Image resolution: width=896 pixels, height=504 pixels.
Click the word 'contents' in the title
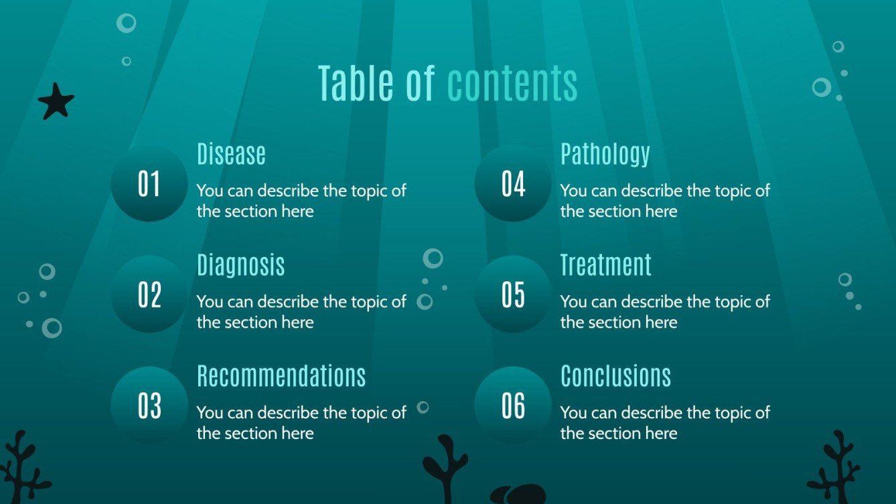pos(512,84)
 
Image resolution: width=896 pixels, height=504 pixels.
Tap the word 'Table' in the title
pos(355,84)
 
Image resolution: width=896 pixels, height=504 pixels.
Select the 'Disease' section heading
pos(231,154)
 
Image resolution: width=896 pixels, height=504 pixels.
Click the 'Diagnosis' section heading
pos(240,265)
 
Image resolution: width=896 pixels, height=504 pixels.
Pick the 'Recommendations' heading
pos(281,376)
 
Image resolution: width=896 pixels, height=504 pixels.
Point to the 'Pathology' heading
pos(605,154)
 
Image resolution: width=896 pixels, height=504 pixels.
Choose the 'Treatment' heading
pos(605,265)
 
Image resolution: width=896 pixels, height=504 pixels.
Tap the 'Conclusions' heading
pos(615,376)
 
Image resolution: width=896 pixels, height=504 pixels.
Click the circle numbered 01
pos(149,184)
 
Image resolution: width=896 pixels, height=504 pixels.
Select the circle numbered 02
pos(149,295)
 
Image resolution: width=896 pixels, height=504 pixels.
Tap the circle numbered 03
pos(149,406)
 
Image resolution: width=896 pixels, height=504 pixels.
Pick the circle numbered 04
pos(513,184)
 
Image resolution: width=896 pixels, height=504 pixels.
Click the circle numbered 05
pos(513,295)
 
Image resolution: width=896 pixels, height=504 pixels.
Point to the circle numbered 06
pos(513,406)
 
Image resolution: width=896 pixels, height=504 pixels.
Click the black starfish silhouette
pos(56,102)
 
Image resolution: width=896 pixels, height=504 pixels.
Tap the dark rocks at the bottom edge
pos(518,495)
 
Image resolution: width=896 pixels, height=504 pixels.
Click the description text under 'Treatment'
pos(665,312)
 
